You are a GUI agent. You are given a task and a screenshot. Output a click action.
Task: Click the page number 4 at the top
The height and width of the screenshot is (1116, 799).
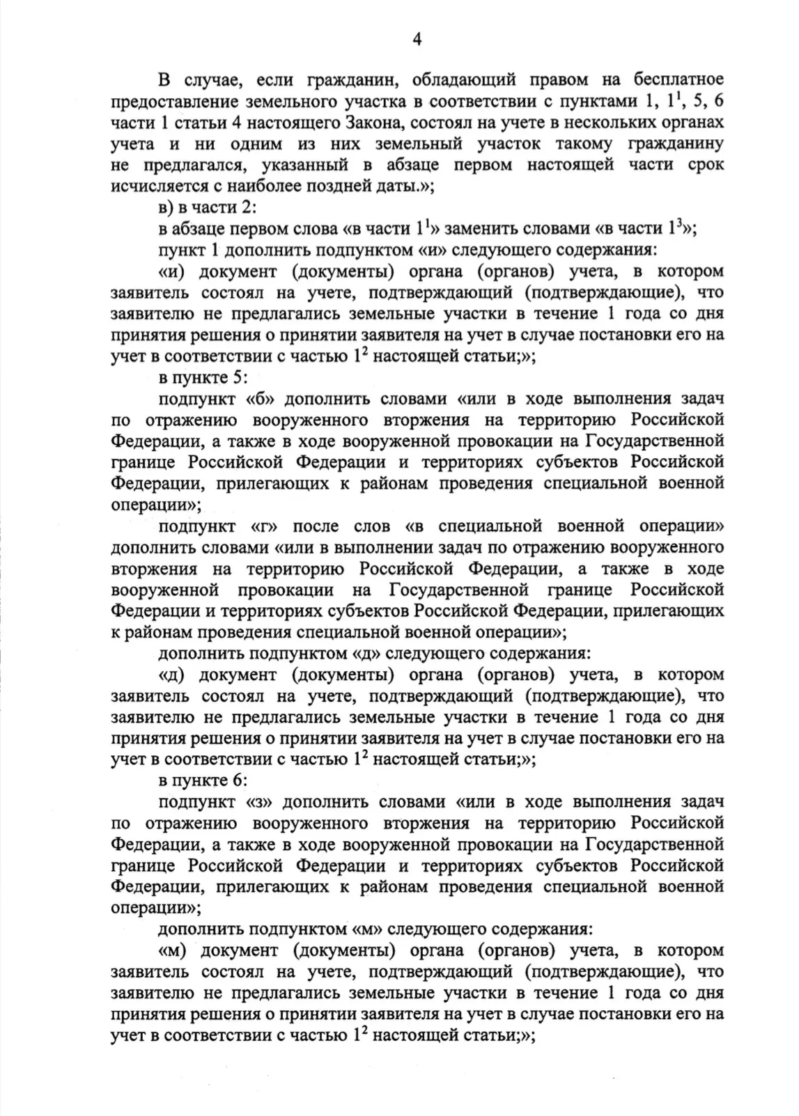click(x=417, y=39)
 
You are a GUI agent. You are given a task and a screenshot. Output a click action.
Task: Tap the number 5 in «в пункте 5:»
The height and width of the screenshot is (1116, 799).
click(x=235, y=378)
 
